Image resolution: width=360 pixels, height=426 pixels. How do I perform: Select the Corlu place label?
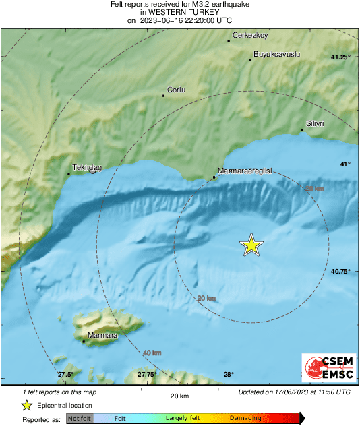(x=176, y=90)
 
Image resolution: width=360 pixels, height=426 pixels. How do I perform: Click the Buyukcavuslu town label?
(x=276, y=54)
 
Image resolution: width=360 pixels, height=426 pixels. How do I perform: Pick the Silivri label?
(x=316, y=123)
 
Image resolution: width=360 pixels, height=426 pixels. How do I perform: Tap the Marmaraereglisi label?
(x=245, y=171)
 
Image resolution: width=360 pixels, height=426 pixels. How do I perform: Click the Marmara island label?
(x=103, y=335)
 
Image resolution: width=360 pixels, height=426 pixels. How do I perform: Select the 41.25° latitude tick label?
(x=340, y=57)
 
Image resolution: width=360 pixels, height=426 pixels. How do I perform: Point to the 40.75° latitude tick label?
(x=340, y=271)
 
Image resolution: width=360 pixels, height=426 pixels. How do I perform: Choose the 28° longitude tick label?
(x=229, y=375)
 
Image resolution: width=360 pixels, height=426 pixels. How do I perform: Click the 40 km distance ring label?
(x=152, y=353)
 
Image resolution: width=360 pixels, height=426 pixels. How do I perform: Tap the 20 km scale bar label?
(x=179, y=395)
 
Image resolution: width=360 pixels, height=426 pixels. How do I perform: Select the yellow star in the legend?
(x=26, y=405)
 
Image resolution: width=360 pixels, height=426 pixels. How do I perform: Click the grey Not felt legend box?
(x=80, y=418)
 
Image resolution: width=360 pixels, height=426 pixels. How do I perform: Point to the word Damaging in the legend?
(x=245, y=418)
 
